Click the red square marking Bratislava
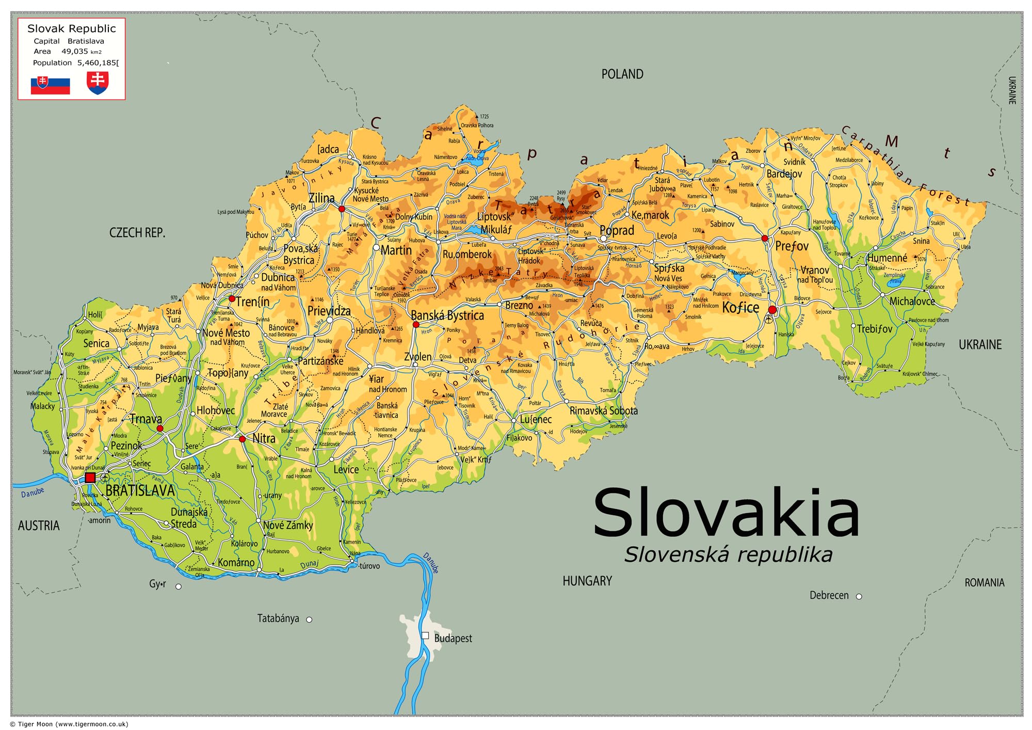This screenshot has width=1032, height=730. pyautogui.click(x=90, y=478)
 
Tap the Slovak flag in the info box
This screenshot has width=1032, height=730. pyautogui.click(x=50, y=85)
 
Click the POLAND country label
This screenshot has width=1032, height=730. pyautogui.click(x=622, y=74)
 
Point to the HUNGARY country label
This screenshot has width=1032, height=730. pyautogui.click(x=587, y=581)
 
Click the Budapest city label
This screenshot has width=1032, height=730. pyautogui.click(x=453, y=639)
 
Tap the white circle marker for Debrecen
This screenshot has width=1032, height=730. pyautogui.click(x=859, y=596)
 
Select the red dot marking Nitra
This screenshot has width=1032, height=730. pyautogui.click(x=242, y=439)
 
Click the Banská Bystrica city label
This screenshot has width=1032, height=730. pyautogui.click(x=447, y=315)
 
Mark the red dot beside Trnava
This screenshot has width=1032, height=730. pyautogui.click(x=160, y=429)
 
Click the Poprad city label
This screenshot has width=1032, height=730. pyautogui.click(x=617, y=231)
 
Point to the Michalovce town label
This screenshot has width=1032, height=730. pyautogui.click(x=912, y=301)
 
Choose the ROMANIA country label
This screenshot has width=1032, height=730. pyautogui.click(x=984, y=583)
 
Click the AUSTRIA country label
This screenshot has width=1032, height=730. pyautogui.click(x=39, y=526)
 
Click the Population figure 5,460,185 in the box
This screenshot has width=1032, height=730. pyautogui.click(x=98, y=63)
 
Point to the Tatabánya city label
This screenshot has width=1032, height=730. pyautogui.click(x=278, y=618)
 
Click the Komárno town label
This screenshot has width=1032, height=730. pyautogui.click(x=236, y=563)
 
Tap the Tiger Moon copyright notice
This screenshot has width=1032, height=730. pyautogui.click(x=69, y=724)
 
